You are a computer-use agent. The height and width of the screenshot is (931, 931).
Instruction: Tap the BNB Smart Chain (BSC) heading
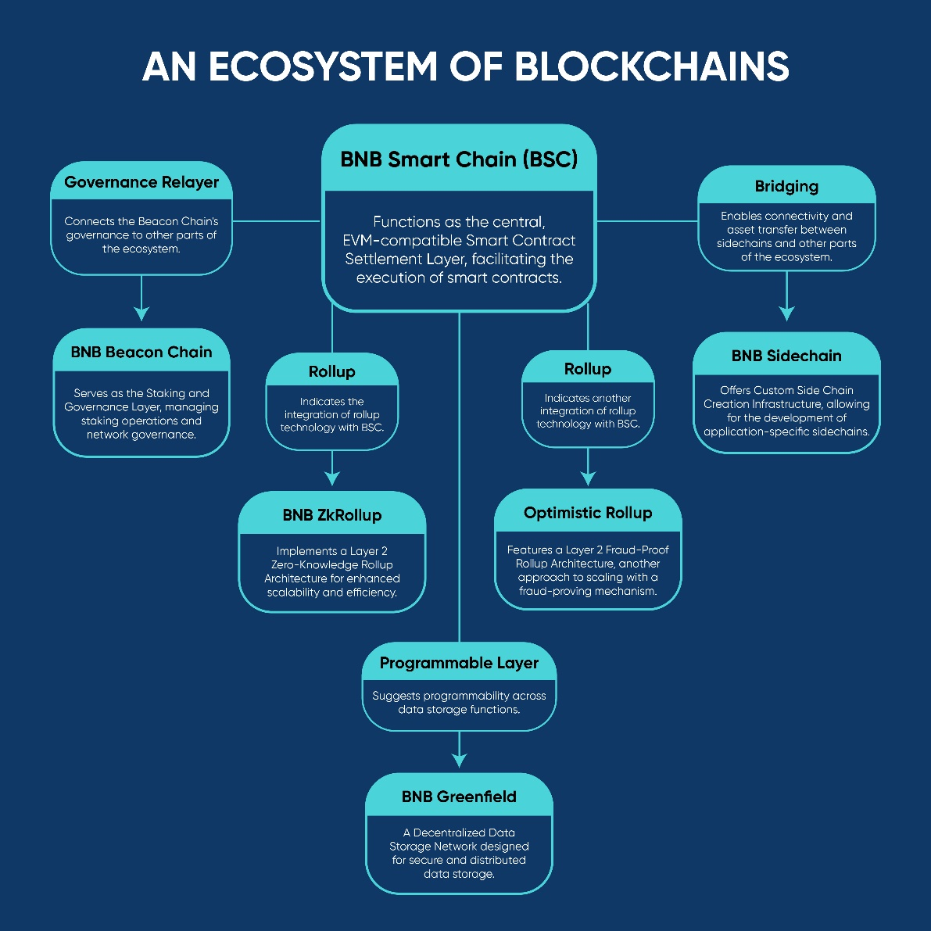(459, 159)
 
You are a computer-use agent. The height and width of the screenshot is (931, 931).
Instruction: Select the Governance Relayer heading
(141, 182)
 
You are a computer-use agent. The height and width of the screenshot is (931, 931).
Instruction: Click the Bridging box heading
(786, 186)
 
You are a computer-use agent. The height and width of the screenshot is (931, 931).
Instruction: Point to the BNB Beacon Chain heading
(141, 352)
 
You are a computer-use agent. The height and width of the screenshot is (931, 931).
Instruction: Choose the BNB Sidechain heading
(786, 356)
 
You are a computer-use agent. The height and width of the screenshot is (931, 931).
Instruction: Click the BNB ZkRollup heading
(332, 515)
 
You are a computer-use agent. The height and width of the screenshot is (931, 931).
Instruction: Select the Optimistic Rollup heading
(588, 513)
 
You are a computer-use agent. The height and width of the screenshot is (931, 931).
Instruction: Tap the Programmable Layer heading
(459, 663)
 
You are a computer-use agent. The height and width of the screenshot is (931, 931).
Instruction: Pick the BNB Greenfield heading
(459, 797)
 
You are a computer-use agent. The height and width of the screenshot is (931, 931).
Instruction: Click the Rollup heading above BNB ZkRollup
(332, 371)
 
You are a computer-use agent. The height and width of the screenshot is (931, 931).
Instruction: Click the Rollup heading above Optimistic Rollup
(588, 369)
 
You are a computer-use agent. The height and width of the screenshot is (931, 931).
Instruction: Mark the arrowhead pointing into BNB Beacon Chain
(141, 313)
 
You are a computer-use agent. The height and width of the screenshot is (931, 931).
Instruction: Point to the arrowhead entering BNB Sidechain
(786, 313)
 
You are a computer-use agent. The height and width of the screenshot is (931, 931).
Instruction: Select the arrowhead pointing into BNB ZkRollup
(332, 478)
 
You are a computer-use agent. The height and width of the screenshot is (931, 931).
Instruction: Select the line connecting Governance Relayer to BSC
(277, 221)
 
